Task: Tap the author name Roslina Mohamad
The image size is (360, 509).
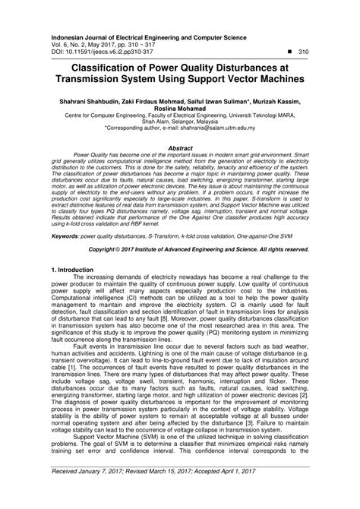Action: tap(179, 108)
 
